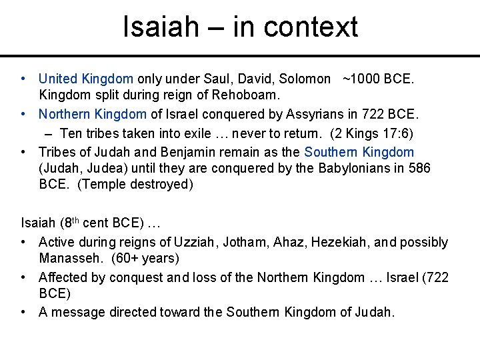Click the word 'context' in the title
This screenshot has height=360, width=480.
tap(311, 27)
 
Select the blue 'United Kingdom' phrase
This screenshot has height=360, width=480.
tap(86, 79)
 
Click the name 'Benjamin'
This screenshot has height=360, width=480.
tap(188, 152)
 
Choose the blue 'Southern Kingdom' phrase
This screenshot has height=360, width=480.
tap(359, 152)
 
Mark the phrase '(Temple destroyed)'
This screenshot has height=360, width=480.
tap(135, 185)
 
